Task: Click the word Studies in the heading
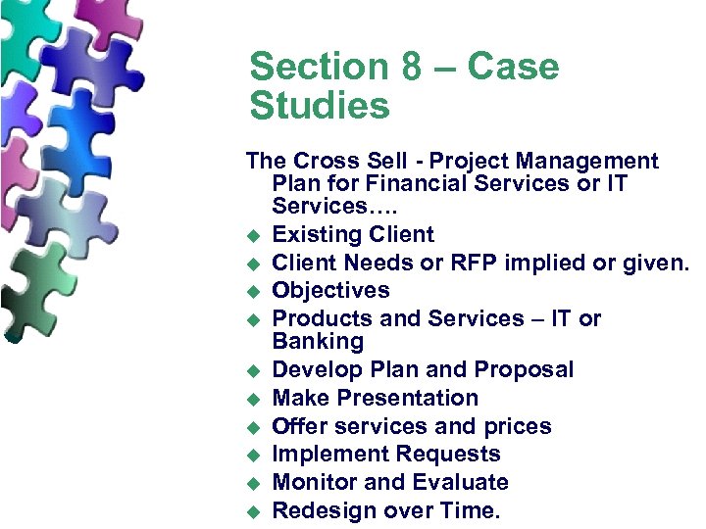tap(320, 106)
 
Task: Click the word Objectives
tap(330, 291)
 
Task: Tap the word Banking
tap(318, 342)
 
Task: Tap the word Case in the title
tap(514, 68)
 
